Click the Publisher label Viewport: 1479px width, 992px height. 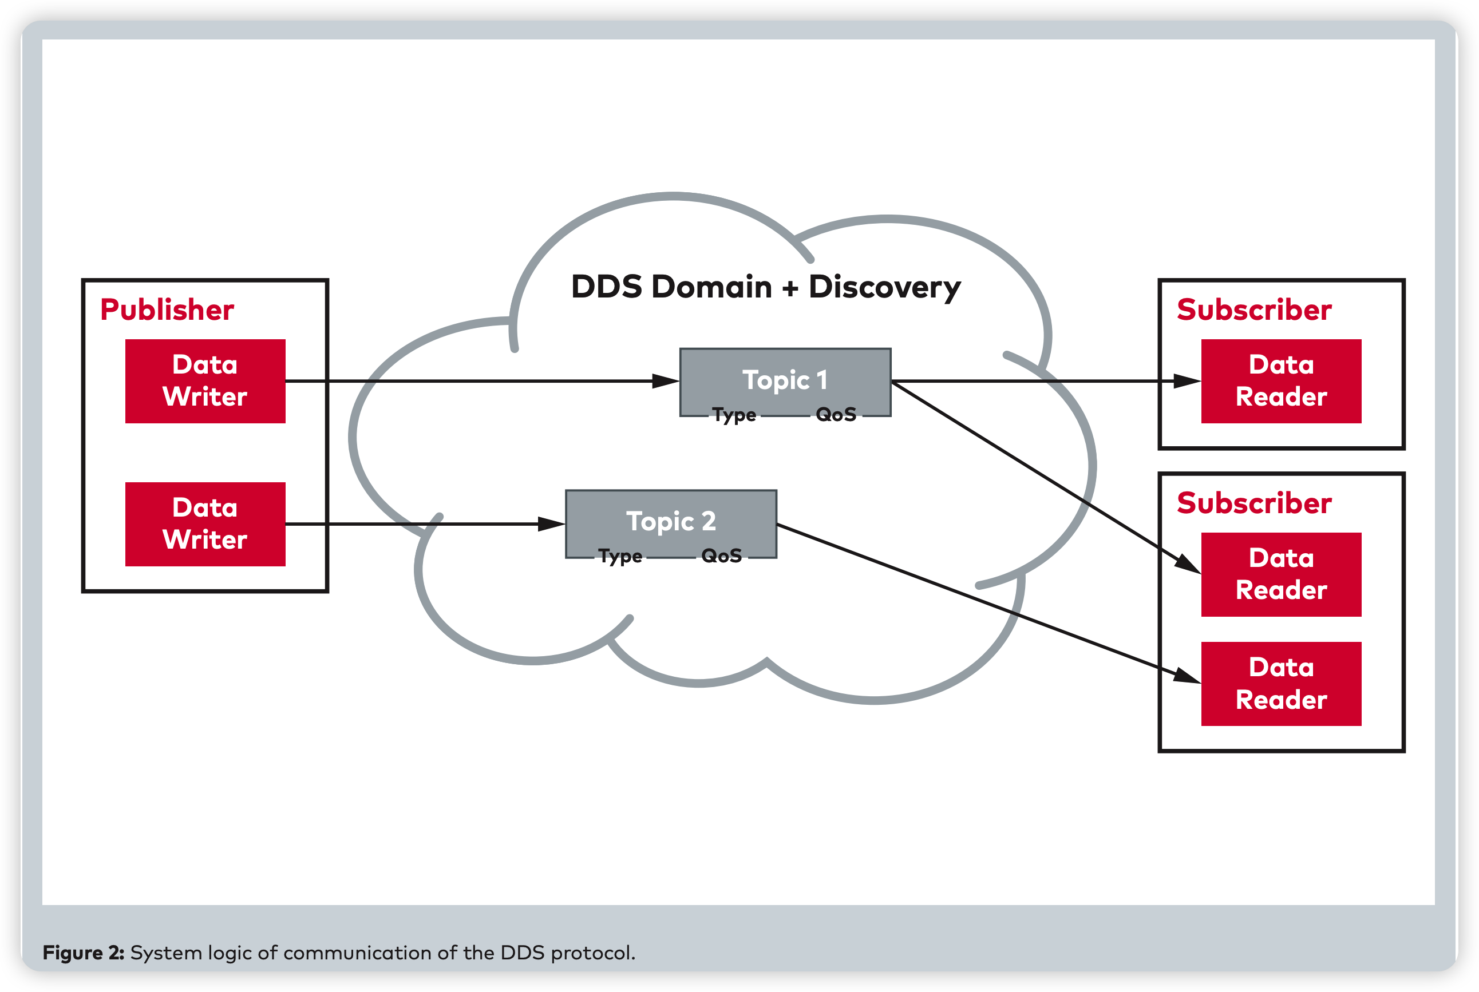coord(167,310)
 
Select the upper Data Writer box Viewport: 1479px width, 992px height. coord(205,381)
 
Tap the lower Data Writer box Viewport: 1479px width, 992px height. coord(205,524)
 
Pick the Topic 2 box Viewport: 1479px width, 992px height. coord(671,520)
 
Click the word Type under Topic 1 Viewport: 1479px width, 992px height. coord(734,415)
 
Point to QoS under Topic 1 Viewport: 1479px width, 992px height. coord(836,415)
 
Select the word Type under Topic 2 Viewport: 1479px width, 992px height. coord(620,557)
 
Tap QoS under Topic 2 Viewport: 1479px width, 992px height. coord(721,556)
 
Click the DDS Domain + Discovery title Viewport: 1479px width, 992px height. coord(766,287)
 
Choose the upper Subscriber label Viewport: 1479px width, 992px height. coord(1253,310)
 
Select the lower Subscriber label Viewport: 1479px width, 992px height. coord(1253,503)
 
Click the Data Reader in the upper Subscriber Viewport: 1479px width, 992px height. coord(1281,381)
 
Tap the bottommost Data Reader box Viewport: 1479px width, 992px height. coord(1281,684)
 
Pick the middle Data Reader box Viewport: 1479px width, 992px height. coord(1281,574)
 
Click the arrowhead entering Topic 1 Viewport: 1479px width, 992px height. coord(666,381)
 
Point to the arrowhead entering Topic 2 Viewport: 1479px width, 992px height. coord(551,524)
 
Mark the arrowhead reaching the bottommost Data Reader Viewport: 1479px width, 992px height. coord(1187,676)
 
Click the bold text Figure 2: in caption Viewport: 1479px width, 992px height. coord(83,953)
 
